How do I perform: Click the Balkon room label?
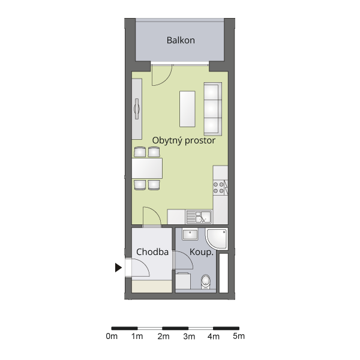181,40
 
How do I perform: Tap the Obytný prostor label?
184,140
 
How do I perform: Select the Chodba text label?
152,252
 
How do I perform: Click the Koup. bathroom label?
202,252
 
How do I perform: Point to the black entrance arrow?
118,268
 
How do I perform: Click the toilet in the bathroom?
206,282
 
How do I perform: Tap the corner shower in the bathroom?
217,239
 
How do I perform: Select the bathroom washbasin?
190,234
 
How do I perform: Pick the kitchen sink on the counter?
199,217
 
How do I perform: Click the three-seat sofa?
213,109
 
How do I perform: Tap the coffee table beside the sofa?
187,109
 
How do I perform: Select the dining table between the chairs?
147,168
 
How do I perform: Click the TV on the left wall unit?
137,109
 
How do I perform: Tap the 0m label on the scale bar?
112,337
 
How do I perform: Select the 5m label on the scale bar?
239,336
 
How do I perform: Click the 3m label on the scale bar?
189,337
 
